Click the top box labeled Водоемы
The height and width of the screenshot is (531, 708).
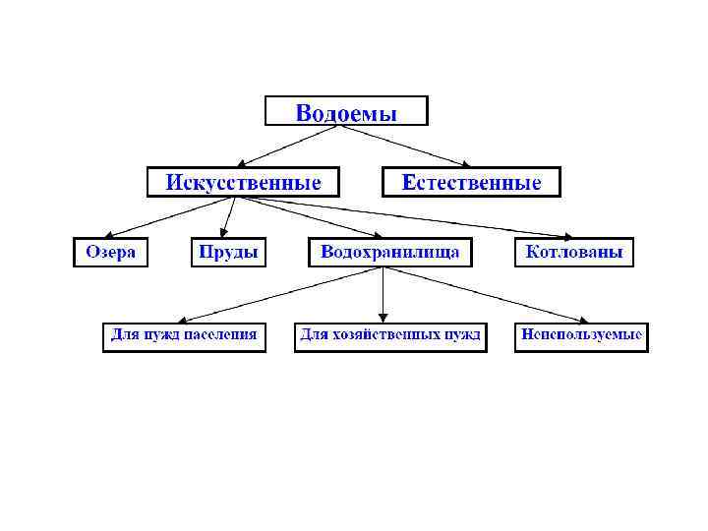click(346, 111)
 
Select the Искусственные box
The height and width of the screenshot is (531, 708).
click(242, 183)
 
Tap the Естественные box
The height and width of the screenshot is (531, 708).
click(470, 183)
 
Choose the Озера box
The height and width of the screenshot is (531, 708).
click(109, 252)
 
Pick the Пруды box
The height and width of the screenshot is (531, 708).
click(228, 252)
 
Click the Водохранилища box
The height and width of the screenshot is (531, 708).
click(389, 252)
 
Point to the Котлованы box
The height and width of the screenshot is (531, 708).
click(574, 252)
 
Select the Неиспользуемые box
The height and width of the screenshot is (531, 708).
click(581, 336)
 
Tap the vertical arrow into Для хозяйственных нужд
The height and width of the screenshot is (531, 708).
click(383, 294)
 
